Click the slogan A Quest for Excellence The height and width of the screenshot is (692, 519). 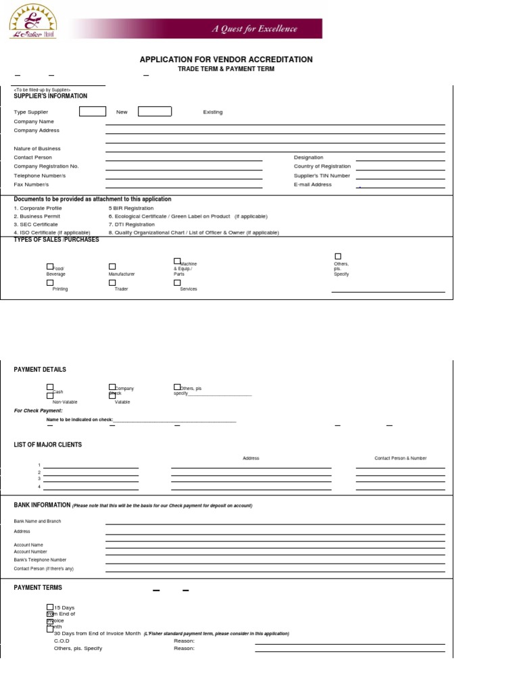point(255,29)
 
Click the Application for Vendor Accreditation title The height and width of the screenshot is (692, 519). point(226,59)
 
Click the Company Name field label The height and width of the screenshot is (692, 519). point(34,122)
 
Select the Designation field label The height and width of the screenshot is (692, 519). point(308,157)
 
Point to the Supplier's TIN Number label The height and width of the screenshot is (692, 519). point(322,176)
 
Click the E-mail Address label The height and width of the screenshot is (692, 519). point(312,184)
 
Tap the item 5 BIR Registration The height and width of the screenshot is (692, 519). point(130,208)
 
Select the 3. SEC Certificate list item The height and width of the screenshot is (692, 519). point(36,224)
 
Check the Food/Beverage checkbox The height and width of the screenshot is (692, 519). point(49,267)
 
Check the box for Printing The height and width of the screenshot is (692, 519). point(49,283)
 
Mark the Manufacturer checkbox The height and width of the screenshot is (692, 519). point(112,267)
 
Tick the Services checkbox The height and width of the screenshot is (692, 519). point(177,283)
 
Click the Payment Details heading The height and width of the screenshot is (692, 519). point(40,370)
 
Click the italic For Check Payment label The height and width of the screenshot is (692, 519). point(38,410)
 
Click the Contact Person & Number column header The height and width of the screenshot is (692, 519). point(400,458)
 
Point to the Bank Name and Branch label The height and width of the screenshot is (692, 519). point(36,521)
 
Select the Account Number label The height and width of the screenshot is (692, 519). point(30,551)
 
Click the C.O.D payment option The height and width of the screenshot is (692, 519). point(61,641)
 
